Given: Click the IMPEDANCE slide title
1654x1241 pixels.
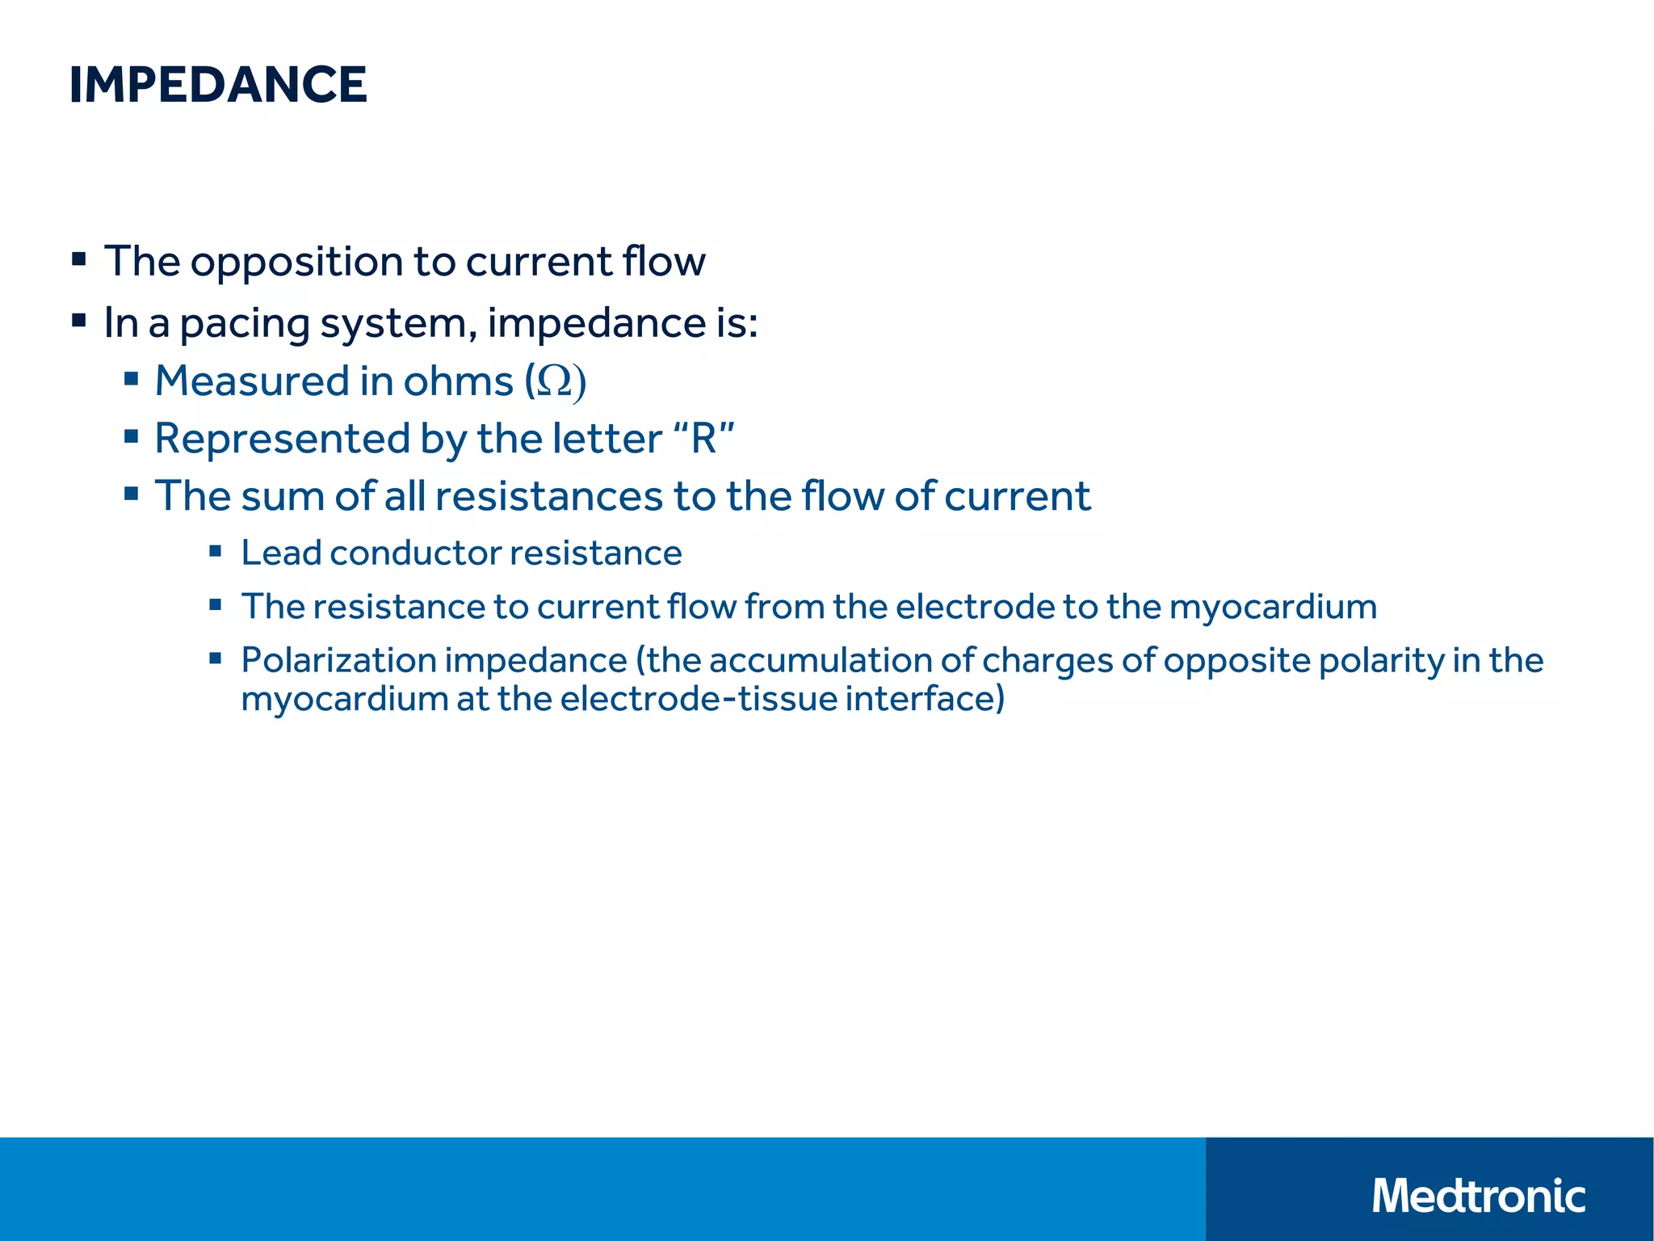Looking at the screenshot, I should [218, 85].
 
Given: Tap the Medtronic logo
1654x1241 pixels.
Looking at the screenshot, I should [1478, 1196].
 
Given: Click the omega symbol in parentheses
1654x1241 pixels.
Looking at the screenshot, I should [555, 381].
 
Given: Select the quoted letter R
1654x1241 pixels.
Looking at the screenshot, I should [703, 439].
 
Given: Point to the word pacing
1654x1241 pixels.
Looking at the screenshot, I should [245, 324].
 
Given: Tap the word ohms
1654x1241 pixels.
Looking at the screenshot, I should [458, 381].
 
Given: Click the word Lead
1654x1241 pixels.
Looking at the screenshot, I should [281, 553].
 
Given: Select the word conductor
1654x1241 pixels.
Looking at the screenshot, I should [414, 553].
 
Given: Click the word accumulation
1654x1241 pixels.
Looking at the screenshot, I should [819, 661].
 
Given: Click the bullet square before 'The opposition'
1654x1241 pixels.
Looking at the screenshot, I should [79, 260].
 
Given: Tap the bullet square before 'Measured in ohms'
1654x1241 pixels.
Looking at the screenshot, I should [132, 378].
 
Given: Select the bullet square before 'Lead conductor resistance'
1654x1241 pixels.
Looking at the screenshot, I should [215, 552].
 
